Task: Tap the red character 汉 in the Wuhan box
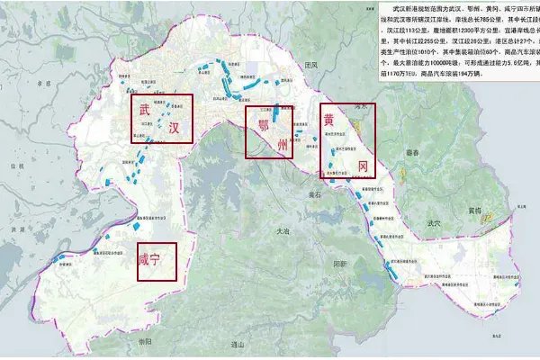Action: (x=174, y=129)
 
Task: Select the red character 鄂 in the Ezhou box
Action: (x=263, y=123)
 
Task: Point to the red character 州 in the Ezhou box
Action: (x=282, y=143)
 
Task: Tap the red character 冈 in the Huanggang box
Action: (x=363, y=166)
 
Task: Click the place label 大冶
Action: (x=284, y=232)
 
